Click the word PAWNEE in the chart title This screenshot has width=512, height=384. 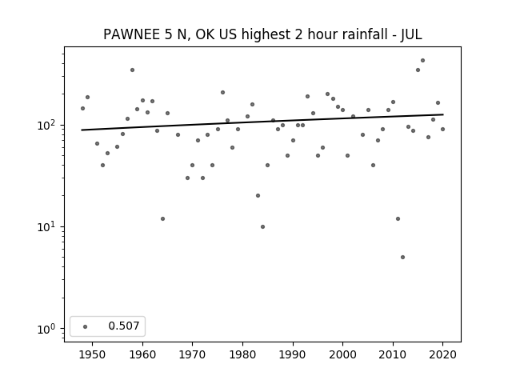[x=132, y=34]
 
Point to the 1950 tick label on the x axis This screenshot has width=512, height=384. [x=93, y=354]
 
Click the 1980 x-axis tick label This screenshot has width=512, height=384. [x=243, y=354]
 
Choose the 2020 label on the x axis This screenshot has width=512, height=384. [x=442, y=354]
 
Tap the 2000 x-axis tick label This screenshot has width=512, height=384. [x=343, y=354]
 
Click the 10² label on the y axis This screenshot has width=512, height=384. [x=48, y=125]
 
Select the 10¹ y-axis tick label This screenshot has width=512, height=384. [x=48, y=226]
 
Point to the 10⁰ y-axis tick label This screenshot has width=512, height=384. [x=48, y=329]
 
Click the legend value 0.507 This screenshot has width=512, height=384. [x=124, y=326]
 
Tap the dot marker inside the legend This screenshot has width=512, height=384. [x=86, y=326]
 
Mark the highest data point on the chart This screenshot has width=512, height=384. [x=422, y=61]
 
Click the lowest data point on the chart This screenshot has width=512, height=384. [x=402, y=258]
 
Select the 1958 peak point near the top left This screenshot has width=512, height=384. [x=132, y=70]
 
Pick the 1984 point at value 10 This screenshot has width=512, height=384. [x=262, y=226]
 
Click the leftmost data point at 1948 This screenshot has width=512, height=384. [x=82, y=109]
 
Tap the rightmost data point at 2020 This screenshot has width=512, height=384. [x=442, y=130]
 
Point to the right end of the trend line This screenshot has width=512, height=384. [x=443, y=114]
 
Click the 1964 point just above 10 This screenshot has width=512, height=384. [x=162, y=218]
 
